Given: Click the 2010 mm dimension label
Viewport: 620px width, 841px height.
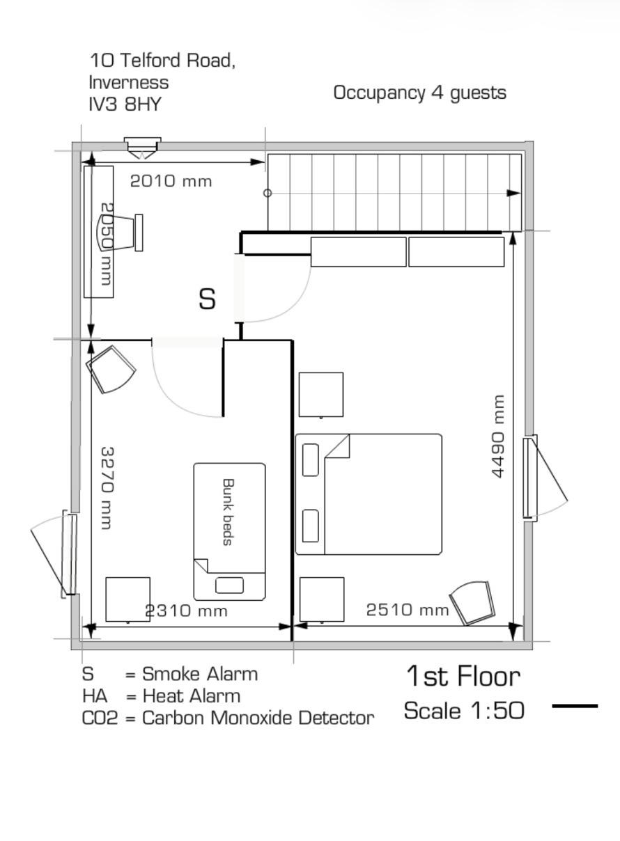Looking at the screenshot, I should coord(171,181).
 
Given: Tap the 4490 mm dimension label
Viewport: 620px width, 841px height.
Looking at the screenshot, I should coord(497,437).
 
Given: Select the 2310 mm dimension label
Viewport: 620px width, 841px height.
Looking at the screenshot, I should coord(186,611).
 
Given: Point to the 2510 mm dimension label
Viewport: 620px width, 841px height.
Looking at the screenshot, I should coord(408,610).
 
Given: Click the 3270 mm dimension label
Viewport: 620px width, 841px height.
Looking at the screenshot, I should coord(107,487).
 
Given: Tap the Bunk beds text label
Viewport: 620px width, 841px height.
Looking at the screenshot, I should coord(227,512).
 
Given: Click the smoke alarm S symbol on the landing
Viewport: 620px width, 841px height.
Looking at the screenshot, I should coord(207,299).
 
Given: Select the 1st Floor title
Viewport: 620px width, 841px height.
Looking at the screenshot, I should coord(463,676).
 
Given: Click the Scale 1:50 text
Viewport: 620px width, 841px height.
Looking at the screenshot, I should coord(463,711).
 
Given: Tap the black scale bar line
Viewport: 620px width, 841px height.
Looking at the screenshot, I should coord(575,706).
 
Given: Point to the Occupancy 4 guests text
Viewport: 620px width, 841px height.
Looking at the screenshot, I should coord(419,93).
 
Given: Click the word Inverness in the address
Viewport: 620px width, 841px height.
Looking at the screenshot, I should coord(129,82).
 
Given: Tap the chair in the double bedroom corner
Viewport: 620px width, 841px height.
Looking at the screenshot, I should coord(472,602).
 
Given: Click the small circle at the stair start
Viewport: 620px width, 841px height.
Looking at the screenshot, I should coord(268,193).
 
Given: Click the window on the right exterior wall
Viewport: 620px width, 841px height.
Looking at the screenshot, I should coord(531,478).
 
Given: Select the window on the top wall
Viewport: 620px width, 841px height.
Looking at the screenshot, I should coord(142,144).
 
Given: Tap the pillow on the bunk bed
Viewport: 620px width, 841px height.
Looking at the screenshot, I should coord(229,585).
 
